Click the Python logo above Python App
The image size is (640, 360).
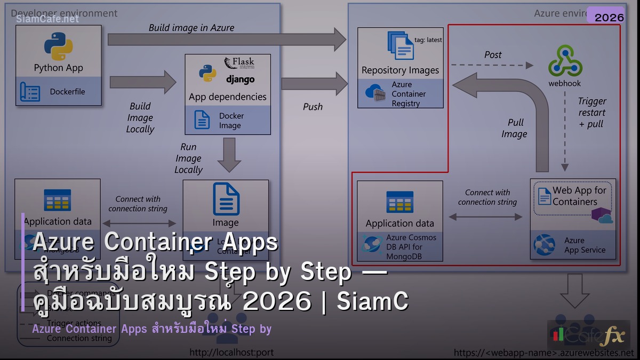(x=58, y=46)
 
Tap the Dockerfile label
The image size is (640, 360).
(x=67, y=92)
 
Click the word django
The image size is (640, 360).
(x=240, y=79)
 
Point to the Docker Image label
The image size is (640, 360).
(x=231, y=121)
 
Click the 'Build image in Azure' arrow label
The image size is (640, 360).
(x=191, y=28)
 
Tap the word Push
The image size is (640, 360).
(x=313, y=107)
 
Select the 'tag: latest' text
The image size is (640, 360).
(x=428, y=39)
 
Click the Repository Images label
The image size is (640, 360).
(x=400, y=70)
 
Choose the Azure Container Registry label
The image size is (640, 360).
(x=409, y=94)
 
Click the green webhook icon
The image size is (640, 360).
(x=565, y=61)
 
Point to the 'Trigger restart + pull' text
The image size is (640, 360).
(x=591, y=113)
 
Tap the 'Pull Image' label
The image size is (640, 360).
(x=514, y=129)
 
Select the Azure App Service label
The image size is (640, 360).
(x=585, y=245)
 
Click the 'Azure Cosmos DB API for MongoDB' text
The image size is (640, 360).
(x=411, y=247)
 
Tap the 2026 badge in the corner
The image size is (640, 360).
(x=609, y=17)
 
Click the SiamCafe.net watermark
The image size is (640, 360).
(x=47, y=19)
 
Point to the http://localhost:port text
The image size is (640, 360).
(x=231, y=353)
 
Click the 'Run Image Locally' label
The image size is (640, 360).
(x=189, y=158)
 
